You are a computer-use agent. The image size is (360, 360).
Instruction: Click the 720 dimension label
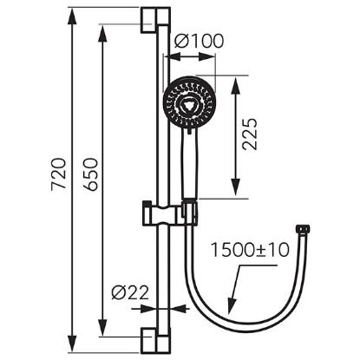coord(59,173)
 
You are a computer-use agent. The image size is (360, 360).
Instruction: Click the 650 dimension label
coord(90,173)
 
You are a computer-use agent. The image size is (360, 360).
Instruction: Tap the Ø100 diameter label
coord(199,41)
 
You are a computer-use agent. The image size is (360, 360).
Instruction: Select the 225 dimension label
coord(250,134)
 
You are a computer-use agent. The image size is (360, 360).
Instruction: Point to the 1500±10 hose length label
coord(250,250)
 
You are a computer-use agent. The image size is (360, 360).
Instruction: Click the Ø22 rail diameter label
coord(130,293)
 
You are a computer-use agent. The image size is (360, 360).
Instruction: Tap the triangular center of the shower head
coord(189,103)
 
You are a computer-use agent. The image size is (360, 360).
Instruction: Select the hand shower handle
coord(189,163)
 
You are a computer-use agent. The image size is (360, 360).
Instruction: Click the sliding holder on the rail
coord(170,213)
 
